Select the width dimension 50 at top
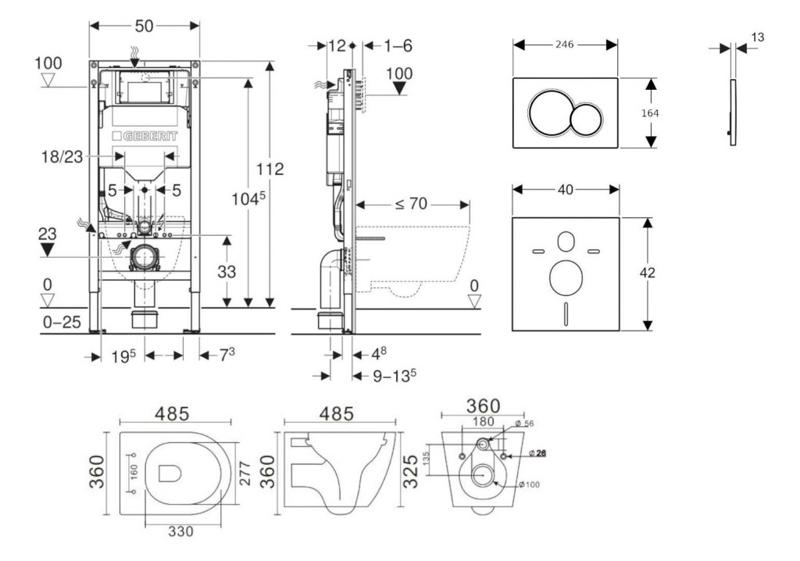[x=143, y=25]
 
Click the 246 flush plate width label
[x=564, y=45]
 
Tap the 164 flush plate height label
[x=649, y=113]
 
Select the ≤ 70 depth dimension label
[x=410, y=205]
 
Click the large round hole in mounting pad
[x=565, y=278]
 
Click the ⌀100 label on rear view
[x=528, y=484]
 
